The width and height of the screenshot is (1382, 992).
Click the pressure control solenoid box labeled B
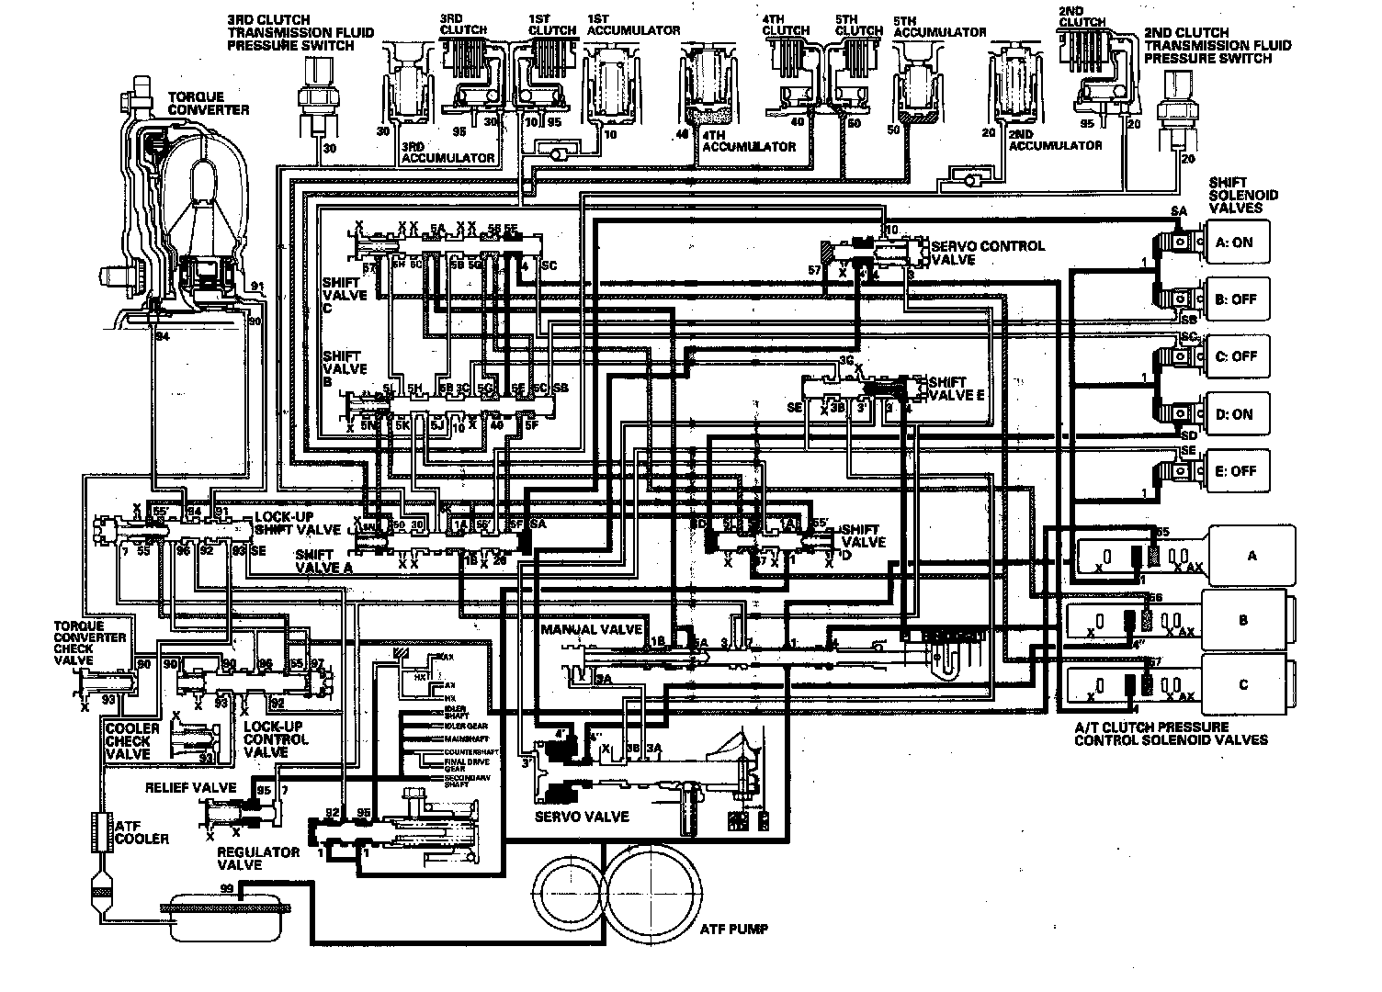[x=1243, y=620]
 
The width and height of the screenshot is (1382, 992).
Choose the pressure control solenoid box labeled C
[x=1243, y=684]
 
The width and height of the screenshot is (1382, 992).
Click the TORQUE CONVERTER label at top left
[x=208, y=104]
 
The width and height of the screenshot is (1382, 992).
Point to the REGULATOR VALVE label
[x=258, y=858]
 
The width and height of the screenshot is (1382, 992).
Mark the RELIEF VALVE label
[x=190, y=788]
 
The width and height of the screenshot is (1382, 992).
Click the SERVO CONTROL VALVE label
[x=988, y=253]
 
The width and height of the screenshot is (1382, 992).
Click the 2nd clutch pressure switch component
[x=1176, y=110]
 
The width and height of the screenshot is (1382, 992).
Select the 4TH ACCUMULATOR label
[x=748, y=147]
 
